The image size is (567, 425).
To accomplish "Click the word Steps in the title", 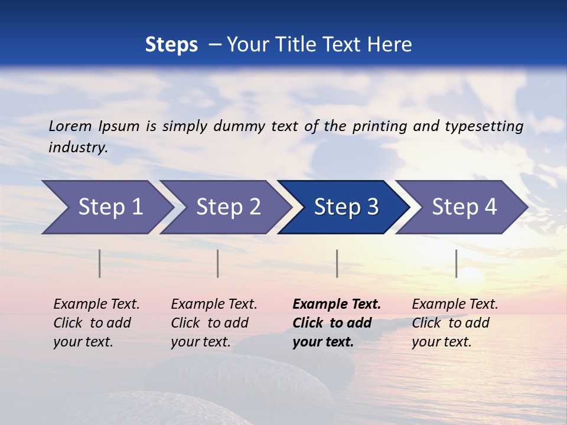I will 171,44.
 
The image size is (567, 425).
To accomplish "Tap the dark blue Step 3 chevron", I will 346,207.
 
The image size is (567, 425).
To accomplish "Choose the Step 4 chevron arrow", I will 464,207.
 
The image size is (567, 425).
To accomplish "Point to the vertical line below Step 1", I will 99,263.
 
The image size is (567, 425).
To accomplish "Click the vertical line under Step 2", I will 218,263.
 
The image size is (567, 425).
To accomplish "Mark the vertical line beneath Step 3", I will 337,263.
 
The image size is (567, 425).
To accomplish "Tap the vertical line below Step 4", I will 456,263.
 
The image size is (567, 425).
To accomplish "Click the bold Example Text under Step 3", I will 337,323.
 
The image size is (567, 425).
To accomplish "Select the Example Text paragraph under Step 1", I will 96,323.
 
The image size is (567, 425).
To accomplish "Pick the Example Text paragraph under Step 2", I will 214,323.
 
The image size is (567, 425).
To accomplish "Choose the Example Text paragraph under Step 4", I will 455,323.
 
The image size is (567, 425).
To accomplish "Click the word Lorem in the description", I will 70,126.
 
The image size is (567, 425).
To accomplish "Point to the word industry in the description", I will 78,147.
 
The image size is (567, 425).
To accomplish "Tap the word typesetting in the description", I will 484,126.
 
